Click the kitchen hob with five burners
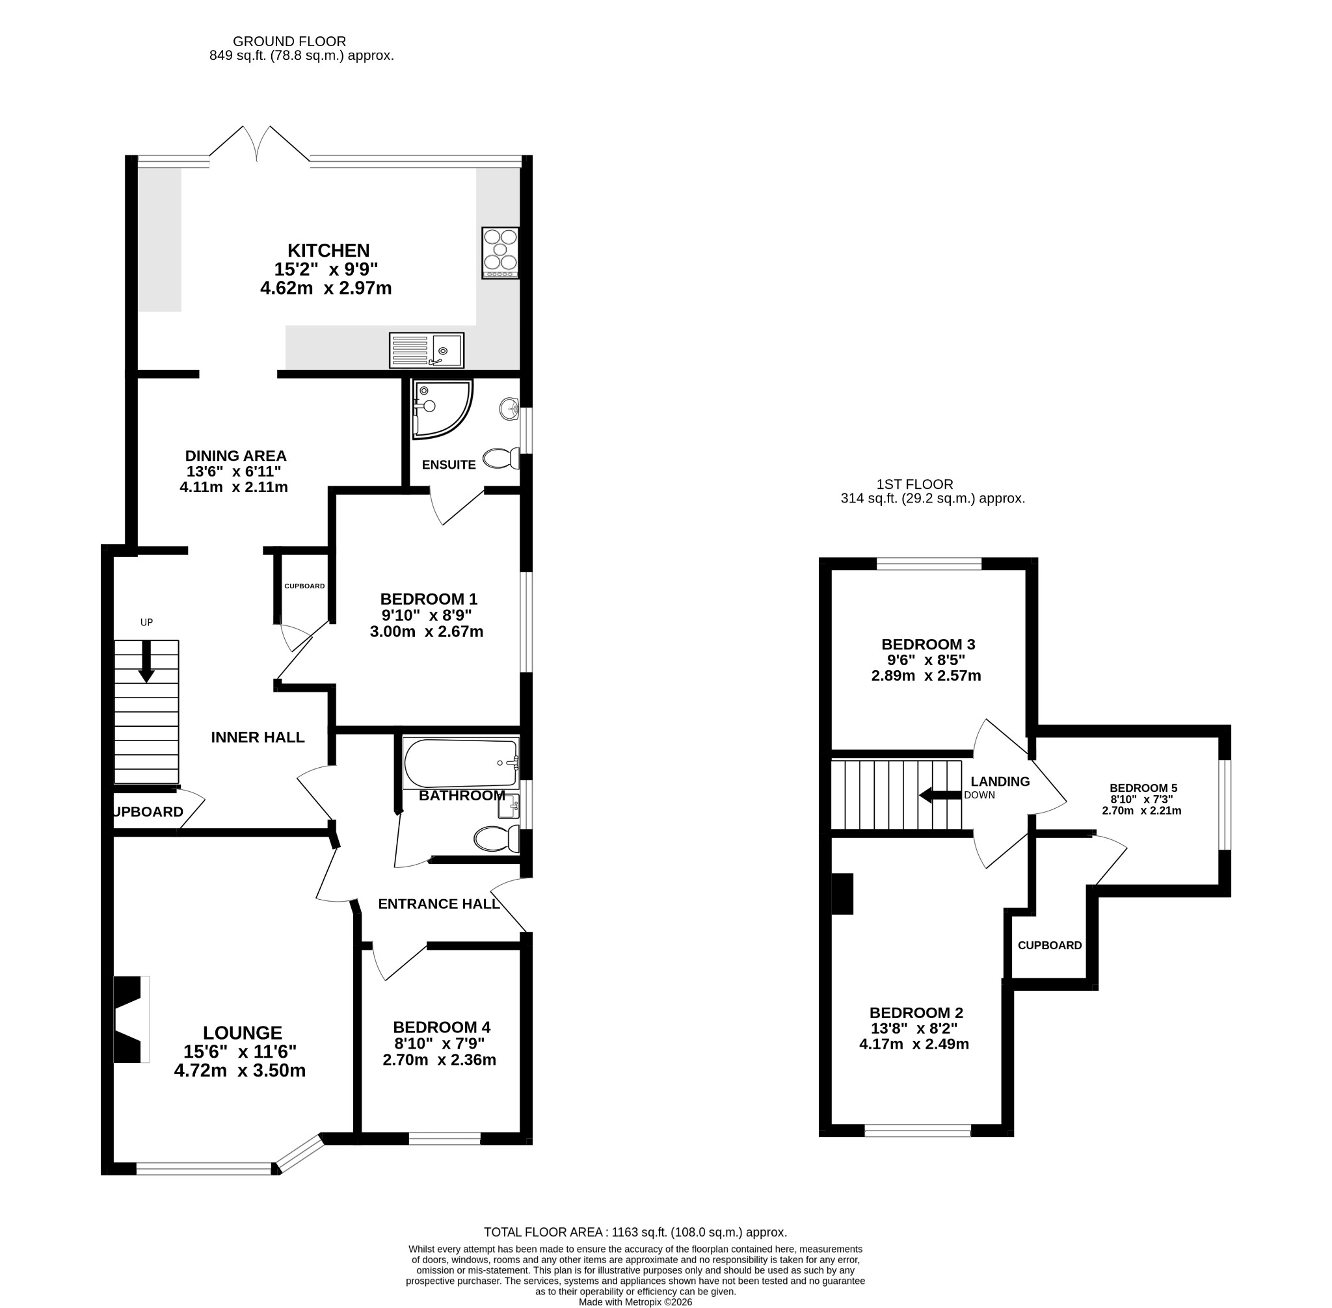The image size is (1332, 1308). (x=500, y=253)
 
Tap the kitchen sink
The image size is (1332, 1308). (x=426, y=350)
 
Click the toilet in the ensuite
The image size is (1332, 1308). (x=501, y=458)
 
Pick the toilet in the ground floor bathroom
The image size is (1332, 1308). (x=496, y=838)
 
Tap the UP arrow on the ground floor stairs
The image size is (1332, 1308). (x=146, y=662)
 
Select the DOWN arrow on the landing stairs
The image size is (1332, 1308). (x=940, y=796)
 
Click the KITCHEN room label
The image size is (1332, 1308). (x=328, y=250)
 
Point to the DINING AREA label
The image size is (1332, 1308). (x=235, y=456)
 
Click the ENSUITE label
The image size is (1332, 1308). (x=449, y=465)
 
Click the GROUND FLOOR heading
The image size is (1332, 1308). (x=289, y=42)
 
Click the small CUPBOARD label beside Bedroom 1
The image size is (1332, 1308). (x=304, y=586)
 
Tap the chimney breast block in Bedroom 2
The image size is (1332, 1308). (x=842, y=894)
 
